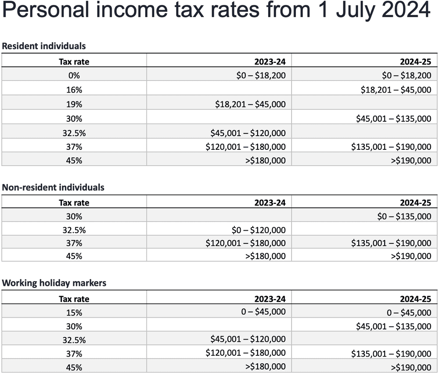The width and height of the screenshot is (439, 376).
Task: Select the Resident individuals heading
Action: click(44, 46)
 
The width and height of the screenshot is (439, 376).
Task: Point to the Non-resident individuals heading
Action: click(53, 188)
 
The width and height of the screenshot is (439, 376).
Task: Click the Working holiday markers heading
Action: click(54, 283)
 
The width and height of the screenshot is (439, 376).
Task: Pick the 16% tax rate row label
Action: click(74, 90)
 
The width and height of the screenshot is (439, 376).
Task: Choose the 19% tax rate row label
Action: click(74, 105)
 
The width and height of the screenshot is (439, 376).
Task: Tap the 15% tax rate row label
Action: click(74, 313)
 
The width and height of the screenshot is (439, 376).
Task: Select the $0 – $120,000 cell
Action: click(258, 230)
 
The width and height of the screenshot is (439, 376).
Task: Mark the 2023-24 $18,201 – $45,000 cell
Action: click(250, 105)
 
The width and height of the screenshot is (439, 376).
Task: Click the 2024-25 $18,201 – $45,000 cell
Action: click(396, 90)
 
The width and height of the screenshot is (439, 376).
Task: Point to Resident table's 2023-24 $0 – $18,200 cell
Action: click(261, 76)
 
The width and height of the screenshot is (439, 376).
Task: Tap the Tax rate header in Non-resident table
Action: click(74, 202)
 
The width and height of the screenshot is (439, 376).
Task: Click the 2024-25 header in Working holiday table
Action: click(415, 299)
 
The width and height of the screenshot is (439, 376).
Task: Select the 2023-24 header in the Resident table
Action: click(270, 62)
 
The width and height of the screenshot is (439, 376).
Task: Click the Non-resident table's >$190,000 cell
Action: click(411, 256)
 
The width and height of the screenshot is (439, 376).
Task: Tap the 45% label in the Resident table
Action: click(74, 160)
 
